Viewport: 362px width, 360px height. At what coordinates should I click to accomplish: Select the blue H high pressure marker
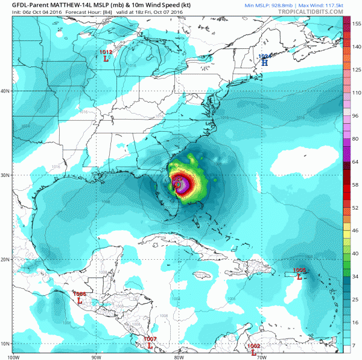pyautogui.click(x=264, y=60)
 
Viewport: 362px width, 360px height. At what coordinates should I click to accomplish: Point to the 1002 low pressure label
pyautogui.click(x=254, y=349)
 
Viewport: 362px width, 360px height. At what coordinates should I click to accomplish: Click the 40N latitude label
pyautogui.click(x=5, y=91)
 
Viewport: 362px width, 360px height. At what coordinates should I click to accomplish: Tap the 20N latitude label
pyautogui.click(x=5, y=260)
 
